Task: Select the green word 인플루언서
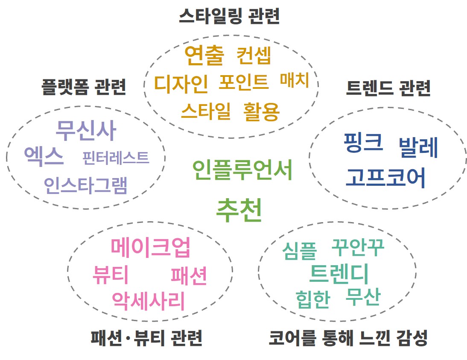[242, 170]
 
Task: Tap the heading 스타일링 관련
[229, 17]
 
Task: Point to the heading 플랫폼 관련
[84, 87]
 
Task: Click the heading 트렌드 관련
[388, 88]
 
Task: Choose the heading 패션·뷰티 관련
[146, 338]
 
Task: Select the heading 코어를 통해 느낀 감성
[348, 338]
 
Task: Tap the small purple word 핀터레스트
[116, 158]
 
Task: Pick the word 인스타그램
[85, 185]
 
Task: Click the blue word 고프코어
[385, 178]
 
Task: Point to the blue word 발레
[418, 148]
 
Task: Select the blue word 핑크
[363, 143]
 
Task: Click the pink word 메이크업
[150, 247]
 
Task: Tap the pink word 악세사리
[149, 301]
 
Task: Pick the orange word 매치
[294, 80]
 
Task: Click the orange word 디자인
[181, 84]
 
